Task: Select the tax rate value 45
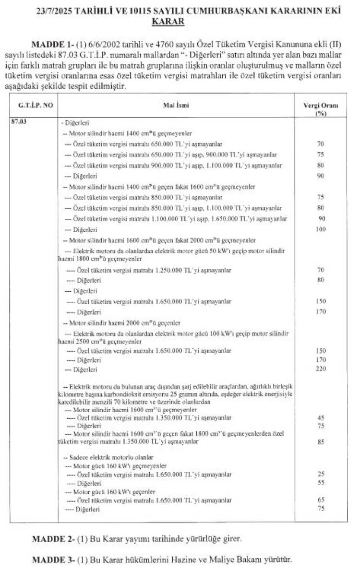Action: pos(321,418)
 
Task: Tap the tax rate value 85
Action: pos(321,442)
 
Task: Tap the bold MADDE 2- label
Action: pos(51,538)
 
